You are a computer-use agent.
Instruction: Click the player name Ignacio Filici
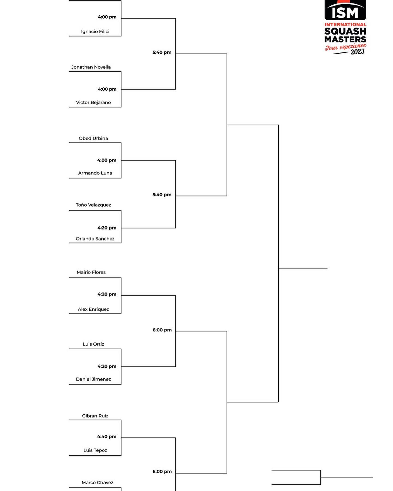[x=95, y=32]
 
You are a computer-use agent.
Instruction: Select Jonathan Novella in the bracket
[x=91, y=67]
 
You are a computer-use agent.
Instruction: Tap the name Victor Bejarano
[x=93, y=103]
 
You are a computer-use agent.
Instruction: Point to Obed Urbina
[x=93, y=138]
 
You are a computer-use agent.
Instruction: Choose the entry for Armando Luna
[x=95, y=173]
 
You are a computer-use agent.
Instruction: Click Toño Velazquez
[x=93, y=205]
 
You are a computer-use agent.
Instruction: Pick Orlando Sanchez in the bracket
[x=95, y=239]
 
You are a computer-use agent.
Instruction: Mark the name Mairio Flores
[x=91, y=272]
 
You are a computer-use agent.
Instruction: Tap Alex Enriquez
[x=93, y=309]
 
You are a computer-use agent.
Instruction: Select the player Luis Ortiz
[x=93, y=344]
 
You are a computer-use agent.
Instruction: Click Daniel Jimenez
[x=93, y=379]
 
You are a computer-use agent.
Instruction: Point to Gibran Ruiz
[x=95, y=416]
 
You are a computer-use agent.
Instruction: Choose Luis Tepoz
[x=95, y=450]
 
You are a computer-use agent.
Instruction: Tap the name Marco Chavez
[x=97, y=483]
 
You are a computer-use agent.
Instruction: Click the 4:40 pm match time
[x=107, y=437]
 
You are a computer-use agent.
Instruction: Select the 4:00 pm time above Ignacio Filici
[x=107, y=17]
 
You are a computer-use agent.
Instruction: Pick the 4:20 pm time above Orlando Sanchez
[x=107, y=228]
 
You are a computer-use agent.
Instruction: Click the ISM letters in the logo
[x=345, y=12]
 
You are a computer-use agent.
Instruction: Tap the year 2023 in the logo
[x=358, y=52]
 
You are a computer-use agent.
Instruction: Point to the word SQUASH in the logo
[x=345, y=31]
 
